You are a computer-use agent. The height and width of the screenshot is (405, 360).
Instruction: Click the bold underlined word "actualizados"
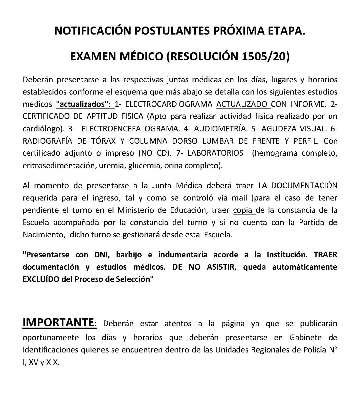(84, 104)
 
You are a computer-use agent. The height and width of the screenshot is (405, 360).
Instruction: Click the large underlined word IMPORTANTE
(58, 322)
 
